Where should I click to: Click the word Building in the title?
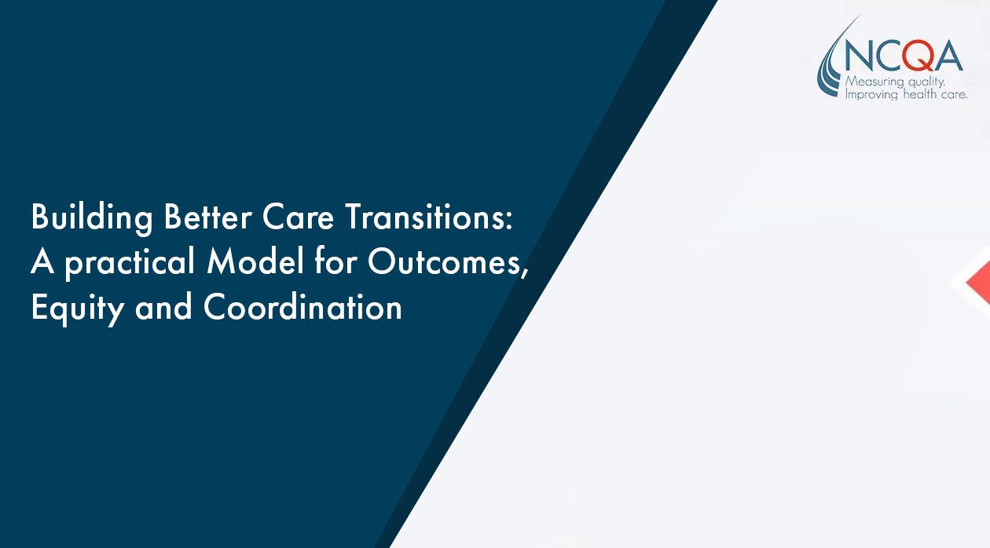[x=92, y=217]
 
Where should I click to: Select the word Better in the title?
[x=207, y=217]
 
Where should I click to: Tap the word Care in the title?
[x=298, y=217]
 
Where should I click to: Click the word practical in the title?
[x=130, y=264]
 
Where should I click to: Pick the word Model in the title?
[x=255, y=261]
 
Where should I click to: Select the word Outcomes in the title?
[x=445, y=262]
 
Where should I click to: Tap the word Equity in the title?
[x=77, y=308]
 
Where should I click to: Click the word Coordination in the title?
[x=302, y=306]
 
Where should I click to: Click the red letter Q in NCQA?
[x=917, y=56]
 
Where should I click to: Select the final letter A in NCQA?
[x=948, y=56]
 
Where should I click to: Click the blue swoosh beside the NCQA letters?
[x=831, y=62]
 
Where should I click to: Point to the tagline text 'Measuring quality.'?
[x=895, y=82]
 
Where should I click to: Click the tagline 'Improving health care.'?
[x=906, y=94]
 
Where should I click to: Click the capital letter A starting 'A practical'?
[x=42, y=261]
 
